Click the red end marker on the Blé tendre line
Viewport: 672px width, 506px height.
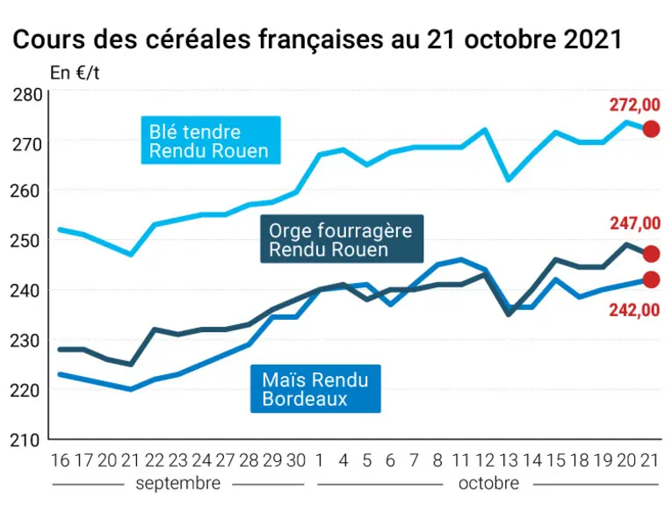pos(652,128)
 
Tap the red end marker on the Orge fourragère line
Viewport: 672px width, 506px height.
pos(652,254)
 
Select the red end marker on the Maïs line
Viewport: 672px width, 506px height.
pos(652,279)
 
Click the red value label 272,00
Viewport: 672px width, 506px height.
pos(635,105)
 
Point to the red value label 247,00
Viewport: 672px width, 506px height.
pos(635,223)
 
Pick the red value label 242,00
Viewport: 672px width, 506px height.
pos(635,310)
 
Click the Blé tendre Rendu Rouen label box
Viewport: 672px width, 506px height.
pos(211,140)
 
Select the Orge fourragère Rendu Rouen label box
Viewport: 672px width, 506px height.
pos(342,239)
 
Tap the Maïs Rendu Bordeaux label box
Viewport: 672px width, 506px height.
pos(315,388)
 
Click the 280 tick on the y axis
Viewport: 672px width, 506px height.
pos(27,95)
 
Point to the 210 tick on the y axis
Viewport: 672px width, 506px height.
pos(25,440)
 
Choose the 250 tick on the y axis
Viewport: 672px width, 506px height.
pos(25,241)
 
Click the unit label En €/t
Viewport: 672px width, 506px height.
pos(75,73)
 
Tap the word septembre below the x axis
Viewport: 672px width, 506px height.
pos(178,483)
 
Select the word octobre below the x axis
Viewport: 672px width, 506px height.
pos(488,483)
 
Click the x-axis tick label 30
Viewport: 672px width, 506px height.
pos(296,460)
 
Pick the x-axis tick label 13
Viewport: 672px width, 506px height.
pos(509,460)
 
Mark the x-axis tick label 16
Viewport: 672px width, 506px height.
pos(60,460)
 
